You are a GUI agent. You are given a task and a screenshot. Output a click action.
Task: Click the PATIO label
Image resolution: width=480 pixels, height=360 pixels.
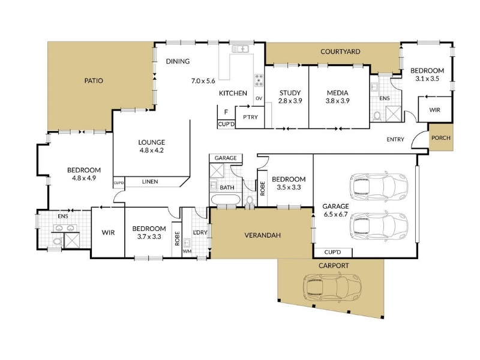click(x=94, y=81)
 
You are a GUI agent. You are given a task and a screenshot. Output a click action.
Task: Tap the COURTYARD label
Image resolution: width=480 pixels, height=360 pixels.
click(x=340, y=52)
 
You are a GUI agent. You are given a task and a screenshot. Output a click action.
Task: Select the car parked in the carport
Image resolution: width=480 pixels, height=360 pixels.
click(x=332, y=288)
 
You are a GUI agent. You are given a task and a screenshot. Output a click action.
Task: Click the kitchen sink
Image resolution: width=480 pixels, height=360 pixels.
click(x=240, y=49)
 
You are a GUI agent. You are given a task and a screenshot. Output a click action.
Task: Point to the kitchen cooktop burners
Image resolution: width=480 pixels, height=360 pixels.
click(x=259, y=80)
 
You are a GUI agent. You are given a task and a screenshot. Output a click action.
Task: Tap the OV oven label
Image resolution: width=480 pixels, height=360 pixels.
click(x=259, y=98)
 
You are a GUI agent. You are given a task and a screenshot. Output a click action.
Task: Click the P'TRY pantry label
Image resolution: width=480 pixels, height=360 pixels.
click(x=250, y=117)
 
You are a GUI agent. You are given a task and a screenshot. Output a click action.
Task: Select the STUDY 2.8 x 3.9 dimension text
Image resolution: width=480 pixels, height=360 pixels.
click(x=290, y=101)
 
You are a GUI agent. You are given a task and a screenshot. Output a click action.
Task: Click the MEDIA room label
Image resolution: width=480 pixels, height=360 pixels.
click(x=337, y=93)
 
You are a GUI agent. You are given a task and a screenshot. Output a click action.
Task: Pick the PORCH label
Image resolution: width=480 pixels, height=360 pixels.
click(x=441, y=138)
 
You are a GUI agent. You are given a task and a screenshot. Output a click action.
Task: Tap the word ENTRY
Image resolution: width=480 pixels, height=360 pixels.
click(x=395, y=139)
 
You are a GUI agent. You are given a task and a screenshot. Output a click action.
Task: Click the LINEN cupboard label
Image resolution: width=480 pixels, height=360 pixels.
click(x=150, y=182)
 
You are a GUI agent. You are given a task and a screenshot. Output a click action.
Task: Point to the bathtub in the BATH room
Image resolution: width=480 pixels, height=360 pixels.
click(x=226, y=199)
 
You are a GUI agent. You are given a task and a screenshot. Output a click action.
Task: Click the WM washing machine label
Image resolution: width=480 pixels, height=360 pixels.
click(x=187, y=251)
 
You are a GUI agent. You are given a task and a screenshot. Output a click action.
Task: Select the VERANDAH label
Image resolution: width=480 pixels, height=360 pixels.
click(x=263, y=235)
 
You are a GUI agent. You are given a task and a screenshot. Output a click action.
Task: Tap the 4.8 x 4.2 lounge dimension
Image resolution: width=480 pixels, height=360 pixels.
click(x=152, y=151)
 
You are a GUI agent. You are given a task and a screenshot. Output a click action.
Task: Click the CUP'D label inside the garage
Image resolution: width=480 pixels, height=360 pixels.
click(x=332, y=252)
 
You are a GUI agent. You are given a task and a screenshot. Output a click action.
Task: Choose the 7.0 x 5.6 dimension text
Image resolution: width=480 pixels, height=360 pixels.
click(x=203, y=81)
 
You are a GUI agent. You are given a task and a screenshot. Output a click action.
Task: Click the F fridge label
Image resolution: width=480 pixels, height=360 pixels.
click(x=226, y=112)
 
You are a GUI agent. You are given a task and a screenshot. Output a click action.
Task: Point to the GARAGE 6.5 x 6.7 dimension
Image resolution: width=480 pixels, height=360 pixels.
click(x=335, y=214)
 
